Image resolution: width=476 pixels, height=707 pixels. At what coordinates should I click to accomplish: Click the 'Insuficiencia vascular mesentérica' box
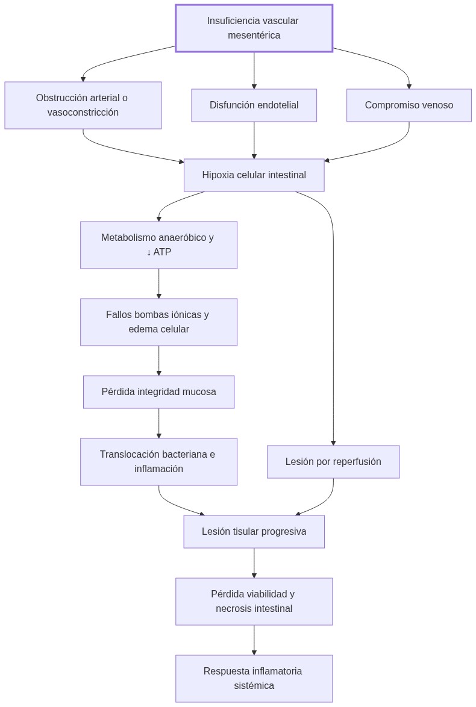pos(254,28)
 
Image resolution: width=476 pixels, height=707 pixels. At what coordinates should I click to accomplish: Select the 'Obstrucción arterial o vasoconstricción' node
pos(83,105)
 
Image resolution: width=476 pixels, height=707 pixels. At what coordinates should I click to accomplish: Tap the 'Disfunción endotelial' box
pos(254,105)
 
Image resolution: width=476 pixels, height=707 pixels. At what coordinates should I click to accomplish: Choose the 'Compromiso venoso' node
pos(409,105)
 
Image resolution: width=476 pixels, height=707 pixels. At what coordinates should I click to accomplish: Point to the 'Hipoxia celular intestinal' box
pos(254,175)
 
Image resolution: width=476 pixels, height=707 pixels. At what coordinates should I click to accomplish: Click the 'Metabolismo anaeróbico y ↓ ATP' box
pos(158,245)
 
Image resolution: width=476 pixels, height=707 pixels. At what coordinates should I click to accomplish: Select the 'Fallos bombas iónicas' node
pos(158,322)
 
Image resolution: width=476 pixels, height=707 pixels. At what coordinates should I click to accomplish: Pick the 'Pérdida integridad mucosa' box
pos(158,392)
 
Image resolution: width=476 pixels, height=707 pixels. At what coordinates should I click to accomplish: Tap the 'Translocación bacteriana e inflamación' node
pos(158,462)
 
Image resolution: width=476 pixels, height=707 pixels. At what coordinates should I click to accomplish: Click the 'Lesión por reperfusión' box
pos(333,462)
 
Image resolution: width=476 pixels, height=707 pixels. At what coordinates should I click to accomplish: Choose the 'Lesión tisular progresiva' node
pos(254,532)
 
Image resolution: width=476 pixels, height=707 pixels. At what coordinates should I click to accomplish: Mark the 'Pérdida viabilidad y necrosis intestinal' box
pos(254,602)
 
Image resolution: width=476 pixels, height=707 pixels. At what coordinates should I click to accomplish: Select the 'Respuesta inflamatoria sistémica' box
pos(254,679)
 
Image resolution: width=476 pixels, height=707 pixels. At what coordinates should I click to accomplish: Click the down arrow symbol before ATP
pos(149,252)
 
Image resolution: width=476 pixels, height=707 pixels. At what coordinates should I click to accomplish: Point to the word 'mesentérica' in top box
pos(254,36)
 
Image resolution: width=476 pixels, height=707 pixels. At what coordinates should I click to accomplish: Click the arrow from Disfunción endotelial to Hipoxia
pos(254,140)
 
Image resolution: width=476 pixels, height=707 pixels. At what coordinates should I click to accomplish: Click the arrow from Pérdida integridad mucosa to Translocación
pos(159,423)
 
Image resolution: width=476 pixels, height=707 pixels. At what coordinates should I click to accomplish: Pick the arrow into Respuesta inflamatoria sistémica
pos(254,640)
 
